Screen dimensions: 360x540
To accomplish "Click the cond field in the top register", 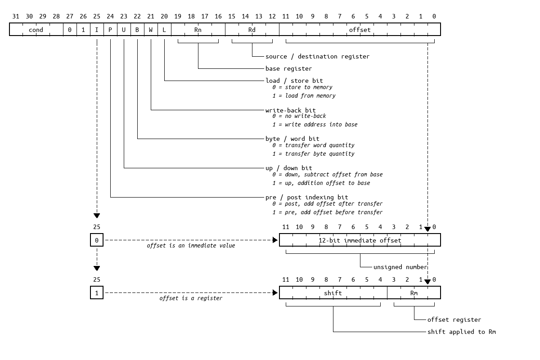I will tap(36, 30).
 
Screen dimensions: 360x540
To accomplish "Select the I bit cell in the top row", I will tap(97, 30).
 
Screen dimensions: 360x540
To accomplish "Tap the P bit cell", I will tap(110, 30).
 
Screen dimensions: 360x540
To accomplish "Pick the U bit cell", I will tap(124, 30).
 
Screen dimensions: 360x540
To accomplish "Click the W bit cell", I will tap(151, 30).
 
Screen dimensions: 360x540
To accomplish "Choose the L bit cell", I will tap(164, 30).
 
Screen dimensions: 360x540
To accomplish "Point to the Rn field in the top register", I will tap(198, 30).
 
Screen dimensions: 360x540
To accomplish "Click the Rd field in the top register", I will tap(252, 30).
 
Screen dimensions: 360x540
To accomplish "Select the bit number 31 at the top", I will tap(16, 17).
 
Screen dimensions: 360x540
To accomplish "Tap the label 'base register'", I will tap(288, 68).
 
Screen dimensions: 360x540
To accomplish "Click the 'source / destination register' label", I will tap(317, 56).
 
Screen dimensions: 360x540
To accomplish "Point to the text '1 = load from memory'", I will tap(304, 95).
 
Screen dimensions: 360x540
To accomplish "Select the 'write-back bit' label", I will tap(290, 110).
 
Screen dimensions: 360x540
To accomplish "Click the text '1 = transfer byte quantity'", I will tap(313, 153).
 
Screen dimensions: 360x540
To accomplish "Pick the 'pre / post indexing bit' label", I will tap(306, 197).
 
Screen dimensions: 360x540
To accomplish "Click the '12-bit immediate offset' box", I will tap(360, 240).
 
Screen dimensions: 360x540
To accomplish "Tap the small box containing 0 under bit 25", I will tap(97, 240).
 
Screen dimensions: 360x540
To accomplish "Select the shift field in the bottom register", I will tap(333, 293).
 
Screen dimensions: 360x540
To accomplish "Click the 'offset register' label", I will tap(454, 319).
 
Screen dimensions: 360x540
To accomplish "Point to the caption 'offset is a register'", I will tap(191, 298).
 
